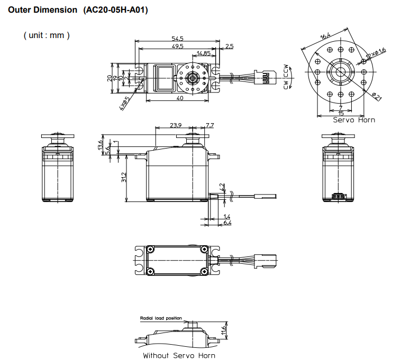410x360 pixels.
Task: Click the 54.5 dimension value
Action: tap(177, 39)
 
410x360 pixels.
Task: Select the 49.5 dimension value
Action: tap(177, 47)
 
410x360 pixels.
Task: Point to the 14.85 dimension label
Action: tap(204, 53)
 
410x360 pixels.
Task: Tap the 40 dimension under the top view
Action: tap(179, 98)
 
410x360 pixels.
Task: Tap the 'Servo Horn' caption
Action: tap(353, 120)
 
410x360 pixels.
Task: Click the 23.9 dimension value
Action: tap(176, 125)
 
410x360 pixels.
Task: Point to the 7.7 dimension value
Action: tap(209, 125)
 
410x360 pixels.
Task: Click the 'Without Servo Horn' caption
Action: tap(179, 355)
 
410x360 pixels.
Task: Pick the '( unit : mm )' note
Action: tap(47, 35)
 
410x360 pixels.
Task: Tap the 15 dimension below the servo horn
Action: tap(341, 113)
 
